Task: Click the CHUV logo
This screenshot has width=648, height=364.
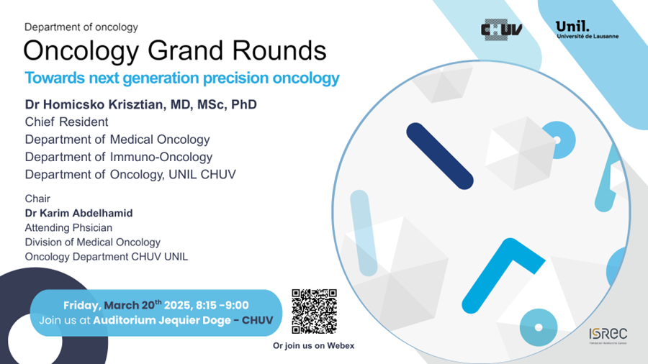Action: point(501,29)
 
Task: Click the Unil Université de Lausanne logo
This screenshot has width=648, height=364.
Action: point(587,29)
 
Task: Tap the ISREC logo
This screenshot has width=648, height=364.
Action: point(608,335)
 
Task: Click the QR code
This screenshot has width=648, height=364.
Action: point(314,311)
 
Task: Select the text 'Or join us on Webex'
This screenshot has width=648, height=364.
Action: point(313,346)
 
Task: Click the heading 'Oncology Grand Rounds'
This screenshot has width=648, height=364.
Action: point(175,51)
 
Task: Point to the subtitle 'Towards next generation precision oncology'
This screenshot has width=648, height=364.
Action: point(182,78)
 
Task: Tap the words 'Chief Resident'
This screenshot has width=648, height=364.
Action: point(66,122)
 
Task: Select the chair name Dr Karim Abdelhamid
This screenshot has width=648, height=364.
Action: point(79,213)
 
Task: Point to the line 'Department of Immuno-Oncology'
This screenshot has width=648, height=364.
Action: point(119,157)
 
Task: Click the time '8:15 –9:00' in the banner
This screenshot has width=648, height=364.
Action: point(222,306)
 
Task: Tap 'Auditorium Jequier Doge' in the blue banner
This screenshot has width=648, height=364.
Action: point(162,320)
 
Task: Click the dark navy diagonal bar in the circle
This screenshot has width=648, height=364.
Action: point(440,156)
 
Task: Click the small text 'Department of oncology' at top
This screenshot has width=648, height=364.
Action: point(81,27)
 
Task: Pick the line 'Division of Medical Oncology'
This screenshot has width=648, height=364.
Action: point(93,242)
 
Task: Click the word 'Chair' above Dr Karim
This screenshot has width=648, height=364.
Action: point(37,199)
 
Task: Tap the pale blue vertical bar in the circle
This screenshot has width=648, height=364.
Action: point(364,233)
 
